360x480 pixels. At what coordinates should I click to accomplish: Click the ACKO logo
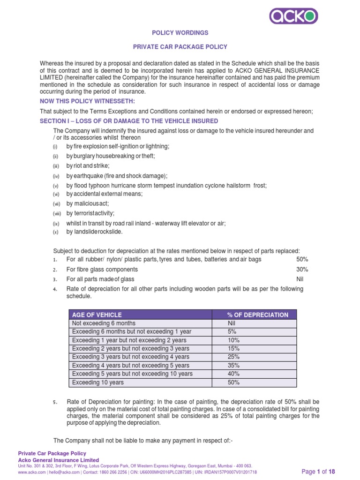tap(294, 16)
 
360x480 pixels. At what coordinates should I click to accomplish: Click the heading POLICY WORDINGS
tap(180, 33)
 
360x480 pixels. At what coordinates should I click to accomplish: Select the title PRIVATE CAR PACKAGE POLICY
tap(180, 47)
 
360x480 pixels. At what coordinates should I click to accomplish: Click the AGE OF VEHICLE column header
tap(96, 315)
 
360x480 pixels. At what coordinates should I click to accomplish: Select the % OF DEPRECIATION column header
tap(255, 315)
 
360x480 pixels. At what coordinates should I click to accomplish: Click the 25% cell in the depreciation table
tap(233, 357)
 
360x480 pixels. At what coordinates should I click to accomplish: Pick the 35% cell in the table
tap(233, 365)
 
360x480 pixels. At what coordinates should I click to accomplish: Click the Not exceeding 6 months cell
tap(104, 323)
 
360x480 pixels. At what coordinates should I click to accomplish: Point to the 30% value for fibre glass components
tap(302, 269)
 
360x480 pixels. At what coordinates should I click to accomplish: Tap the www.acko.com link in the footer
tap(30, 472)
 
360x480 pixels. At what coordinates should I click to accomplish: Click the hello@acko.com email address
tap(60, 472)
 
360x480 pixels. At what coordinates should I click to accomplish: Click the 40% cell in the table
tap(233, 374)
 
